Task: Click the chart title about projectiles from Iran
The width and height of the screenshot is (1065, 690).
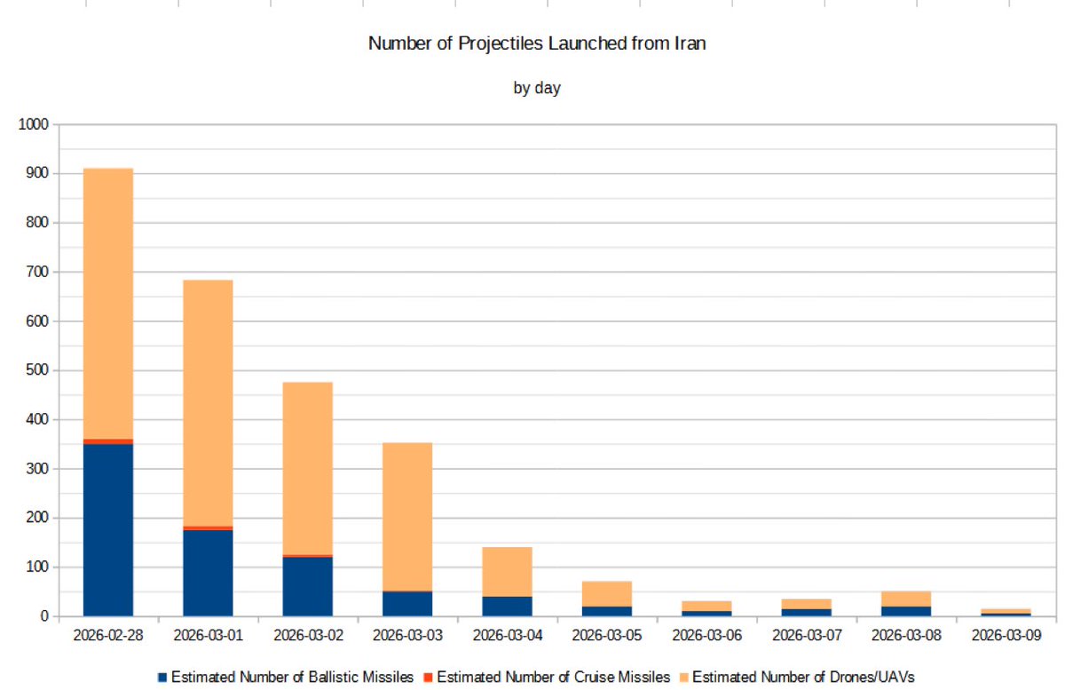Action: click(537, 44)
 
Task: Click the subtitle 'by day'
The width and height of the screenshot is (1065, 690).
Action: click(537, 88)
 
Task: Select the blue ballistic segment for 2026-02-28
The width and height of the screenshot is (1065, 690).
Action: click(108, 529)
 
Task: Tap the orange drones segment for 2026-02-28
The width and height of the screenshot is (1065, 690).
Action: click(108, 302)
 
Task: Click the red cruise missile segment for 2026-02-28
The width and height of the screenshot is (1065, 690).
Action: click(108, 441)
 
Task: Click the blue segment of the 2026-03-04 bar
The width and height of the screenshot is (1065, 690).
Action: click(507, 606)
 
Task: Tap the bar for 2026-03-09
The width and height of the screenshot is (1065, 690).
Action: click(1006, 612)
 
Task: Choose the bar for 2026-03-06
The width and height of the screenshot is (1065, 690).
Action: click(706, 608)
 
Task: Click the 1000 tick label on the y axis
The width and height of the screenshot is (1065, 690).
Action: click(33, 124)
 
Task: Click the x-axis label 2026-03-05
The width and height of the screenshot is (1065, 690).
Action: click(607, 636)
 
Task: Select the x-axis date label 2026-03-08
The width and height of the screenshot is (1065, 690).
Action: click(906, 636)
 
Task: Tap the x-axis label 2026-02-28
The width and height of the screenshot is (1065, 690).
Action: click(108, 636)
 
